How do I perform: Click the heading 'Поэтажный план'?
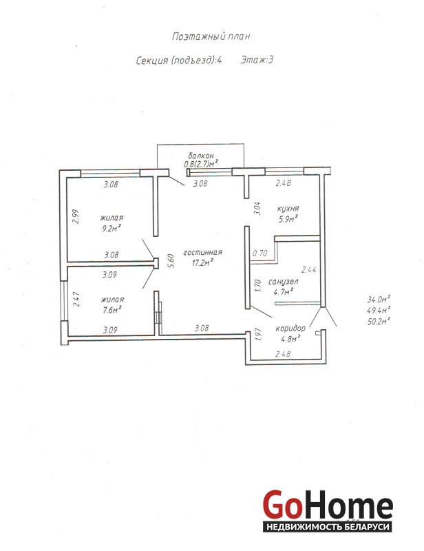pos(211,37)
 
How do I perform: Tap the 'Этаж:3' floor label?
pos(257,60)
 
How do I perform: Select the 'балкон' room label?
pos(200,156)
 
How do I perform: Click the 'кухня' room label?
pos(288,208)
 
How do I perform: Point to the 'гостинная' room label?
pos(202,252)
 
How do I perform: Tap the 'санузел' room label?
pos(283,282)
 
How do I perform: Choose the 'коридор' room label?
pos(290,329)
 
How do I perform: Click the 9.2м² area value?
pos(112,229)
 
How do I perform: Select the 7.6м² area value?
pos(112,310)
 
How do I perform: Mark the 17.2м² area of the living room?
pos(202,262)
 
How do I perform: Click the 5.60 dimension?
pos(171,261)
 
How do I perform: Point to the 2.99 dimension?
pos(76,216)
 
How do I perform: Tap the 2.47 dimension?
pos(76,300)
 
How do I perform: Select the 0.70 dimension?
pos(260,253)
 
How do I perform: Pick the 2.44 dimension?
pos(309,270)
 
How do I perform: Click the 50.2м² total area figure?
pos(379,321)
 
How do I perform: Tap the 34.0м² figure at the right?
pos(379,300)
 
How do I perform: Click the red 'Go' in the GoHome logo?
pos(283,505)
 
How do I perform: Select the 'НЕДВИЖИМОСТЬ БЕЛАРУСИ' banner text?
pos(328,527)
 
